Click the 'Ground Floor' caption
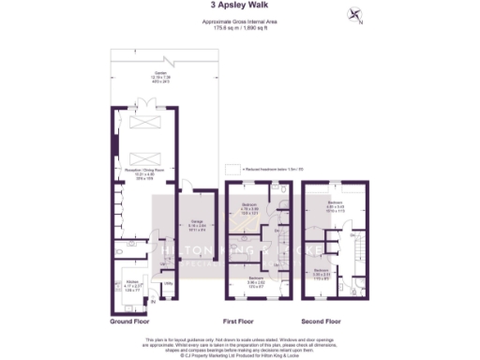pyautogui.click(x=130, y=321)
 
